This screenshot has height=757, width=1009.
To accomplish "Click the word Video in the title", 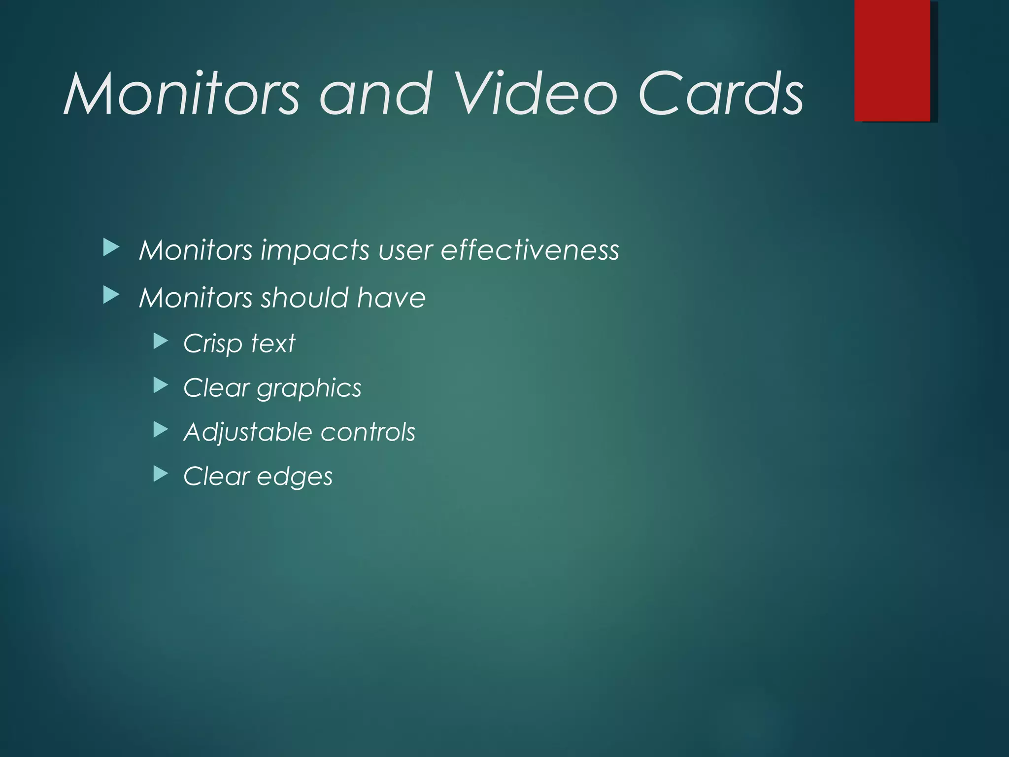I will coord(535,94).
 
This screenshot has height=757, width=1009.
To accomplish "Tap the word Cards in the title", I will coord(721,94).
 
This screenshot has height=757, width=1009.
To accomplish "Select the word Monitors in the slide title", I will coord(182,94).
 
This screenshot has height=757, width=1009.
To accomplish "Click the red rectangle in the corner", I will coord(892,60).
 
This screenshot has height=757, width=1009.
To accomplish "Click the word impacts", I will coord(315,251).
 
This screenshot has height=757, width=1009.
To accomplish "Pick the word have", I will coord(391,298).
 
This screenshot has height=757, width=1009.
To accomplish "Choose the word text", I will coord(273,343).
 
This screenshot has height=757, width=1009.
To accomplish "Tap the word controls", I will coord(368,432).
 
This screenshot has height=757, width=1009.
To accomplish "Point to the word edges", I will coord(295,477).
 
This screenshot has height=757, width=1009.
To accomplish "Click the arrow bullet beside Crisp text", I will coord(161,341).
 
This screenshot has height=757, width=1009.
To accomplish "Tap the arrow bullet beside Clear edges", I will coord(161,474).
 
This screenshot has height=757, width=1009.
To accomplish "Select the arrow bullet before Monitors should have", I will coord(111,296).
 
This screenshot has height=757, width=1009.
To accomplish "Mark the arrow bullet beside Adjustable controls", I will coord(161,430).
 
